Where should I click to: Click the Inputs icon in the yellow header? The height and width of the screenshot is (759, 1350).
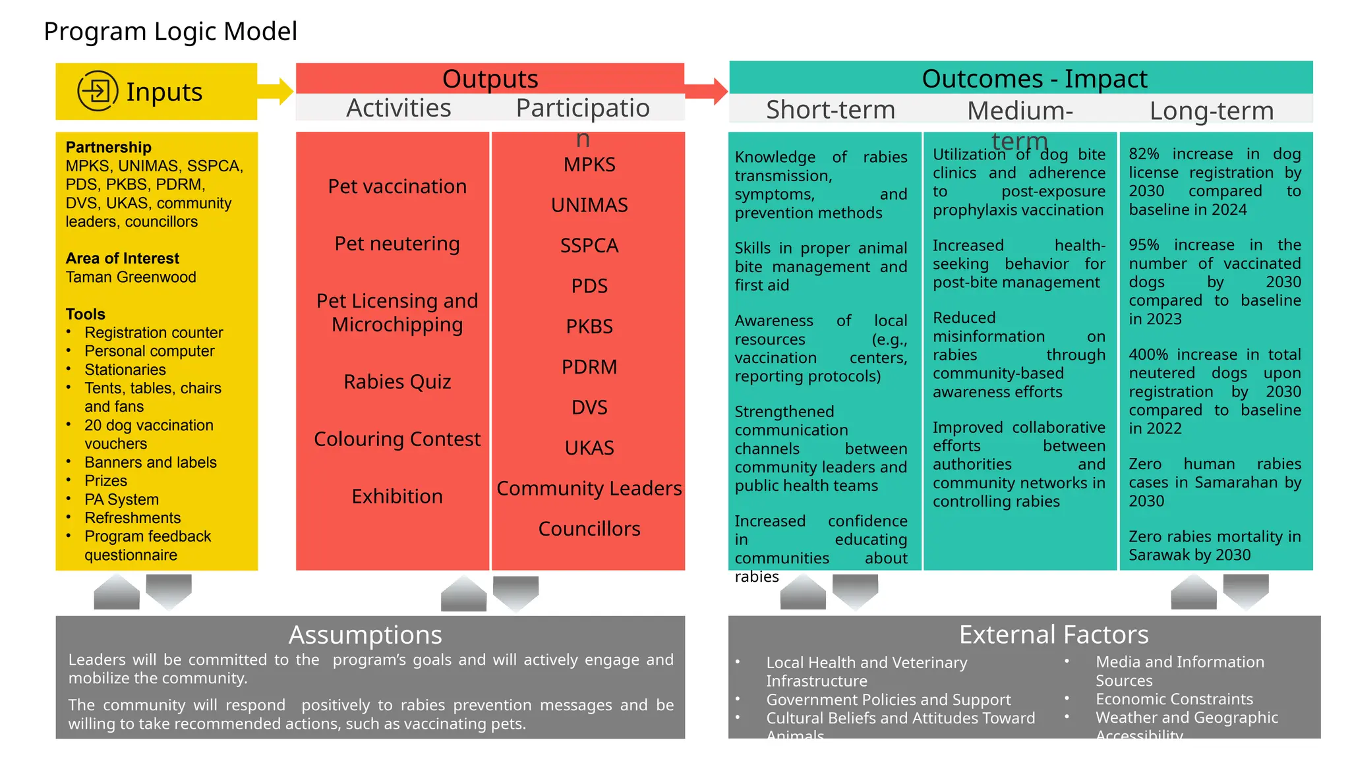click(98, 91)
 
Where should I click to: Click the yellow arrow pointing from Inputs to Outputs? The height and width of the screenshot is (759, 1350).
click(276, 92)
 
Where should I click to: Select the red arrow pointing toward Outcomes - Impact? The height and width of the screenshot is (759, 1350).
click(707, 91)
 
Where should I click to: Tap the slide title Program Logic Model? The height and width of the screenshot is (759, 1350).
click(170, 32)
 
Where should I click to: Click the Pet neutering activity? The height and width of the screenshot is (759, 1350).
click(397, 244)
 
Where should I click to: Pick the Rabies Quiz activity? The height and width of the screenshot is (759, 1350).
click(397, 381)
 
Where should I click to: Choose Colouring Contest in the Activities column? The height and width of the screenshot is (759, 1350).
click(397, 439)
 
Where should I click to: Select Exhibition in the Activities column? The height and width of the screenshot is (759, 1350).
click(397, 496)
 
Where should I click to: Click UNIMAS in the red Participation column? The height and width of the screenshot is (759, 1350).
click(589, 205)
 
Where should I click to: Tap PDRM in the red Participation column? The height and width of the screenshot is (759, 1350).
click(589, 367)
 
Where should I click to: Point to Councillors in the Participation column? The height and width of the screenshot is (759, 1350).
click(589, 528)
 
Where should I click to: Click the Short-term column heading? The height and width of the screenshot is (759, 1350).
click(830, 109)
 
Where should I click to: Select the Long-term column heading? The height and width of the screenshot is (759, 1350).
click(1212, 111)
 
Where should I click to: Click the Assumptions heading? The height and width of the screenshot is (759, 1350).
click(365, 634)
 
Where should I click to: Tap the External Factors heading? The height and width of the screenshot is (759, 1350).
click(1053, 634)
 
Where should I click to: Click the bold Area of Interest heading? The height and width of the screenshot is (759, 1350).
click(123, 258)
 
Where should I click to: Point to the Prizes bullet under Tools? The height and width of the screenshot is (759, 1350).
click(105, 481)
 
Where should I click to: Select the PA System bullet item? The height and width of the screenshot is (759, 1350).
click(121, 499)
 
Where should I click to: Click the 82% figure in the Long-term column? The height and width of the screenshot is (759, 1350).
click(1144, 154)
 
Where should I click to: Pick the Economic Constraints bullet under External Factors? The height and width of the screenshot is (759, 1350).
click(1174, 699)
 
